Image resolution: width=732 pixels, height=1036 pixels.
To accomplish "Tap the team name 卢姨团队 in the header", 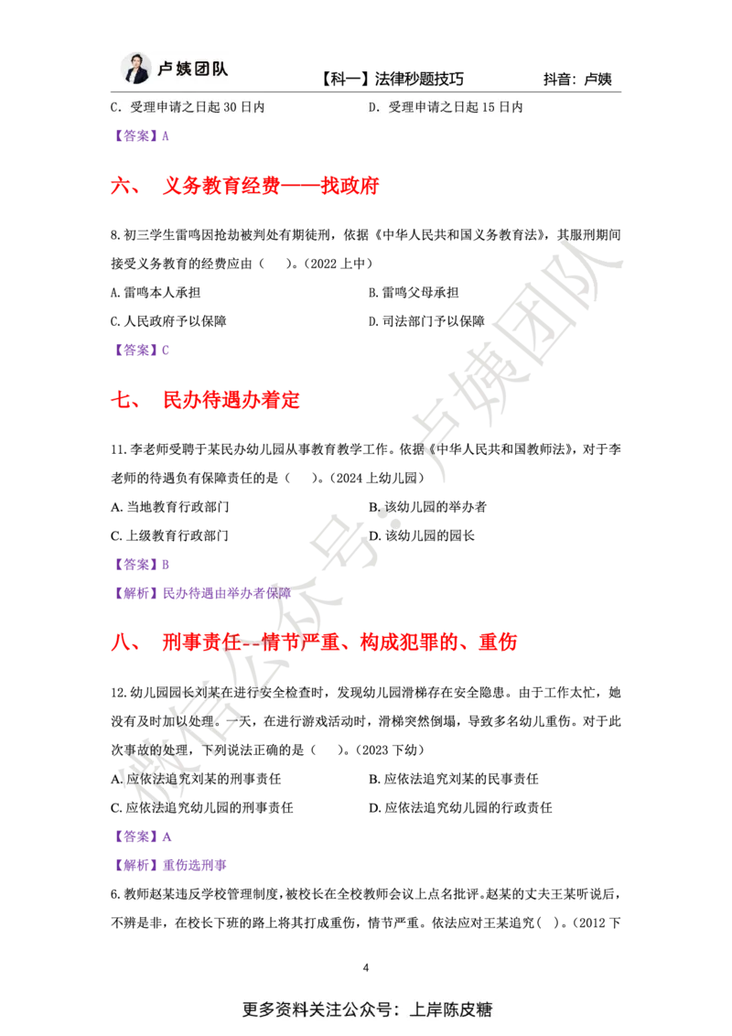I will (192, 70).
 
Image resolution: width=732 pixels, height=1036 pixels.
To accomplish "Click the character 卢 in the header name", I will (166, 70).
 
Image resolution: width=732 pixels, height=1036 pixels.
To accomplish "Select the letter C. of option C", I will (116, 107).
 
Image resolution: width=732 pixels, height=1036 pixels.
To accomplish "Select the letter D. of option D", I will (373, 107).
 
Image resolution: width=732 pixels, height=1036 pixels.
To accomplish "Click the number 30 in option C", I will (231, 107).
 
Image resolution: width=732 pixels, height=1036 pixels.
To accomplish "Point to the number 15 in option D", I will (489, 107).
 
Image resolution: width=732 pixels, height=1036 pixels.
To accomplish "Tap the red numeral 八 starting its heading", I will (120, 642).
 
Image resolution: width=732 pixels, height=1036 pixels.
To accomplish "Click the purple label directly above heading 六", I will (142, 137).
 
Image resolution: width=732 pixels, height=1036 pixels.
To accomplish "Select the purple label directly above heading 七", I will (142, 350).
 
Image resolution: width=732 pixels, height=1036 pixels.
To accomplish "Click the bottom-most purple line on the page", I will (169, 865).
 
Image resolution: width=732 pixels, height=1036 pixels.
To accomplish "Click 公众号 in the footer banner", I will (365, 1009).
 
